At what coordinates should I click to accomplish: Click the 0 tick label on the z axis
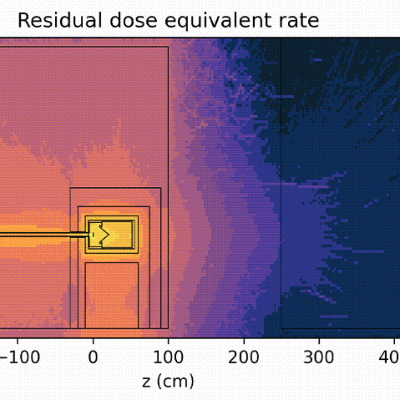pyautogui.click(x=93, y=357)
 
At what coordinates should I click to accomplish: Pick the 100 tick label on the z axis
pyautogui.click(x=168, y=357)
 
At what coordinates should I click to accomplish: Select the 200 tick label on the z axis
pyautogui.click(x=244, y=357)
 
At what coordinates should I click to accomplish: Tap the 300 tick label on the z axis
pyautogui.click(x=319, y=357)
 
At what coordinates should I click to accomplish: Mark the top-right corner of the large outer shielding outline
pyautogui.click(x=168, y=47)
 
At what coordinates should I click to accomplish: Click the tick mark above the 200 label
pyautogui.click(x=244, y=340)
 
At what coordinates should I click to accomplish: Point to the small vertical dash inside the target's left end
pyautogui.click(x=92, y=235)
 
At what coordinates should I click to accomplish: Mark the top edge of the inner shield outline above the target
pyautogui.click(x=114, y=206)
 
